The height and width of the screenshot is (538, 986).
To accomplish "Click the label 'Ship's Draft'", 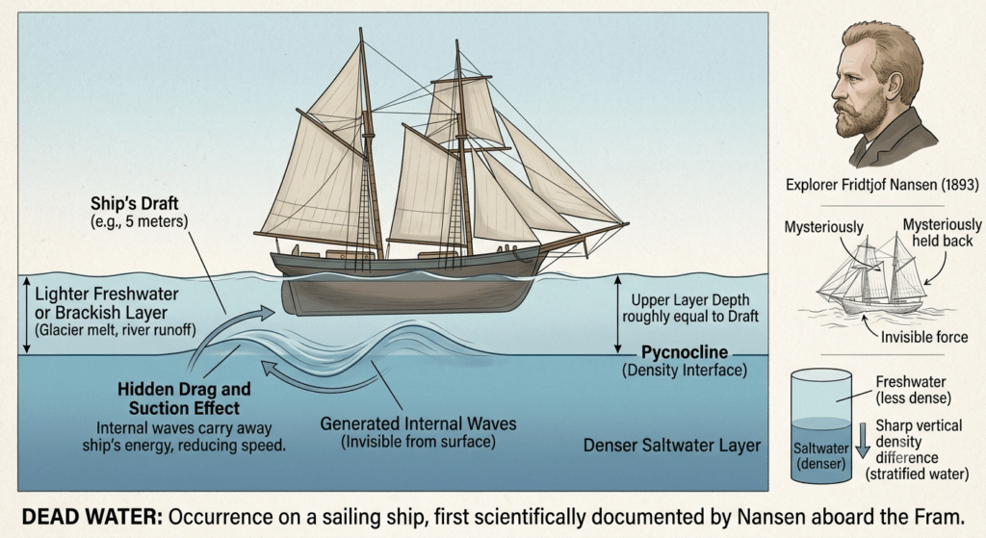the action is pos(134,204).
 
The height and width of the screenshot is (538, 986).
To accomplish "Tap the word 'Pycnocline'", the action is pos(685,352).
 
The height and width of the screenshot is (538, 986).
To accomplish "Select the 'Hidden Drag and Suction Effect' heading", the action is pos(184,398).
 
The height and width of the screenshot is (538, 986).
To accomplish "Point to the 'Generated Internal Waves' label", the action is pos(418,423).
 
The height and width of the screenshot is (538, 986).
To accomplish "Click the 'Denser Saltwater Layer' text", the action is pos(671,446).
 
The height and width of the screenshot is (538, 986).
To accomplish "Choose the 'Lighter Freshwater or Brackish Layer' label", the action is pos(106,303).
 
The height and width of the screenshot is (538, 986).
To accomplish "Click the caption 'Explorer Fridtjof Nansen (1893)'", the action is pos(882,185).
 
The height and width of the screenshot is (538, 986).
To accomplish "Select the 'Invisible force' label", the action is pos(923,338).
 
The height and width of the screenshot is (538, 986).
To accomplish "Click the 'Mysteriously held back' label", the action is pos(942,233).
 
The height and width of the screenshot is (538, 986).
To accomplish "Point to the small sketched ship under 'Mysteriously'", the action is pos(872,276).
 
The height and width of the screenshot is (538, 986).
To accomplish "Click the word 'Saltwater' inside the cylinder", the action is pos(820,448).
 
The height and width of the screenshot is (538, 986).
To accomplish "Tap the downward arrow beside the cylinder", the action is pos(863,440).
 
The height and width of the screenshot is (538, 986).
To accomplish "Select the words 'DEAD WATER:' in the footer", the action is pos(92,517).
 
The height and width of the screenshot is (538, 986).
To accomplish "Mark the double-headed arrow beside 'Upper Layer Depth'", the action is pos(617,315).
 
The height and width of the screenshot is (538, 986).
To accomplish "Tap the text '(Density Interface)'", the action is pos(685,371).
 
